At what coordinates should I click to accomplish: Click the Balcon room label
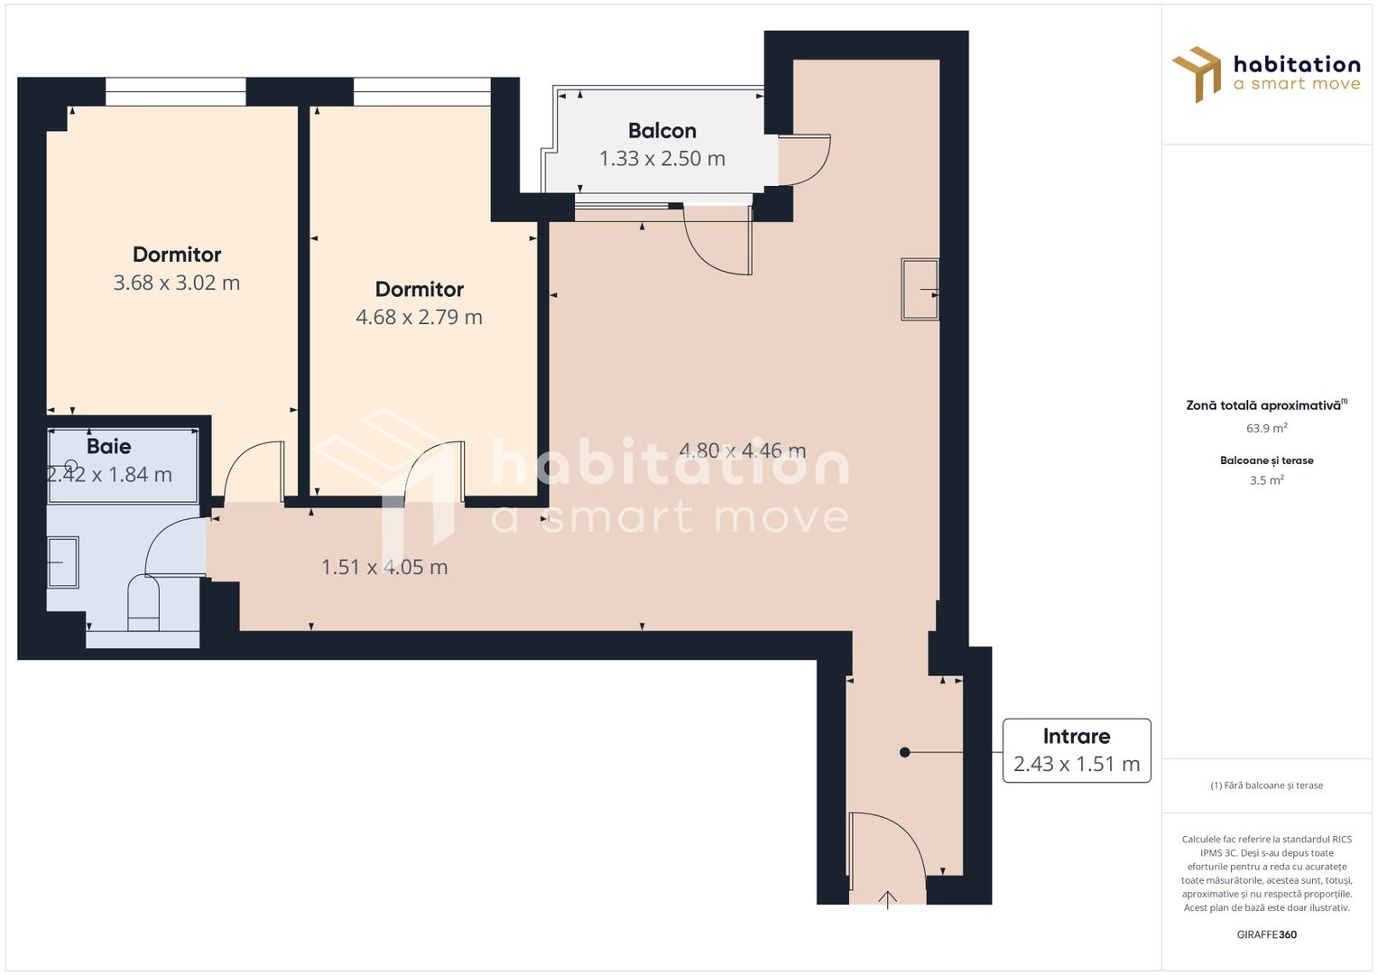point(661,131)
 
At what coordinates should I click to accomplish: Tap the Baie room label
point(108,446)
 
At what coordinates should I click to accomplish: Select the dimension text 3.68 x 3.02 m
point(177,283)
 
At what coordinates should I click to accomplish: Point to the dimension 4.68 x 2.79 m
point(419,317)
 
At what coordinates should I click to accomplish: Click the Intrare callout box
point(1076,750)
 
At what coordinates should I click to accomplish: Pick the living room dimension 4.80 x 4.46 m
point(742,450)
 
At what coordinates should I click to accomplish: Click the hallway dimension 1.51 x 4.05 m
point(384,567)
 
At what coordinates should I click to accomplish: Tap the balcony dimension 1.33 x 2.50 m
point(661,159)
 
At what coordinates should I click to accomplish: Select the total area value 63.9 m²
point(1266,428)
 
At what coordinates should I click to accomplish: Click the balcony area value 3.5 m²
point(1266,480)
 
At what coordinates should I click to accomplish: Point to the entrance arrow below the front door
point(888,899)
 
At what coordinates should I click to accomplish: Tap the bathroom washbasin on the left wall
point(62,562)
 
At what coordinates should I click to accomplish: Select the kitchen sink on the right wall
point(920,289)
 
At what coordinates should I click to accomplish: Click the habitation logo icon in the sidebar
point(1197,74)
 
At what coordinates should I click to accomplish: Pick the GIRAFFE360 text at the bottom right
point(1266,934)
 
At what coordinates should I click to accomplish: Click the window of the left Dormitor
point(175,91)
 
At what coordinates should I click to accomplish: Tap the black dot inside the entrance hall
point(904,752)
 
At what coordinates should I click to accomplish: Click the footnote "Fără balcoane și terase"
point(1266,785)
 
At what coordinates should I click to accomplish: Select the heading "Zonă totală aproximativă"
point(1265,405)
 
